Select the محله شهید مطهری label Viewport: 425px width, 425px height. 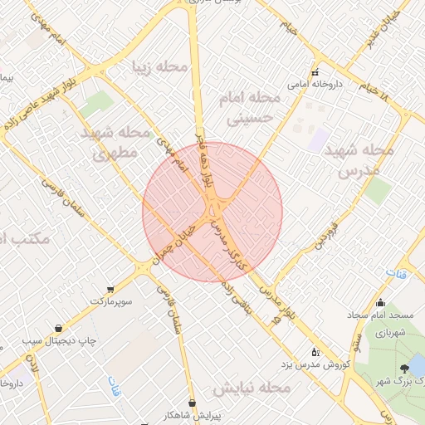pos(116,142)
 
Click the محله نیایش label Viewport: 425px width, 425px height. pos(252,388)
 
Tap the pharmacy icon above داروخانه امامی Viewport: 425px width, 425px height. pos(315,71)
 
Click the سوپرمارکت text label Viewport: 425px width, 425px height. pos(113,297)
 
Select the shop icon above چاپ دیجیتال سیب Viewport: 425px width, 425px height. pos(57,328)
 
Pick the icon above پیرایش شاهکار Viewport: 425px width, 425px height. pos(193,402)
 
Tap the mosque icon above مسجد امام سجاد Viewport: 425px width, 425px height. pos(381,303)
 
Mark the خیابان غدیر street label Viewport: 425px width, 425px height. pos(383,30)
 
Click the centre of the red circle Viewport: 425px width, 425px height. pos(212,212)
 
